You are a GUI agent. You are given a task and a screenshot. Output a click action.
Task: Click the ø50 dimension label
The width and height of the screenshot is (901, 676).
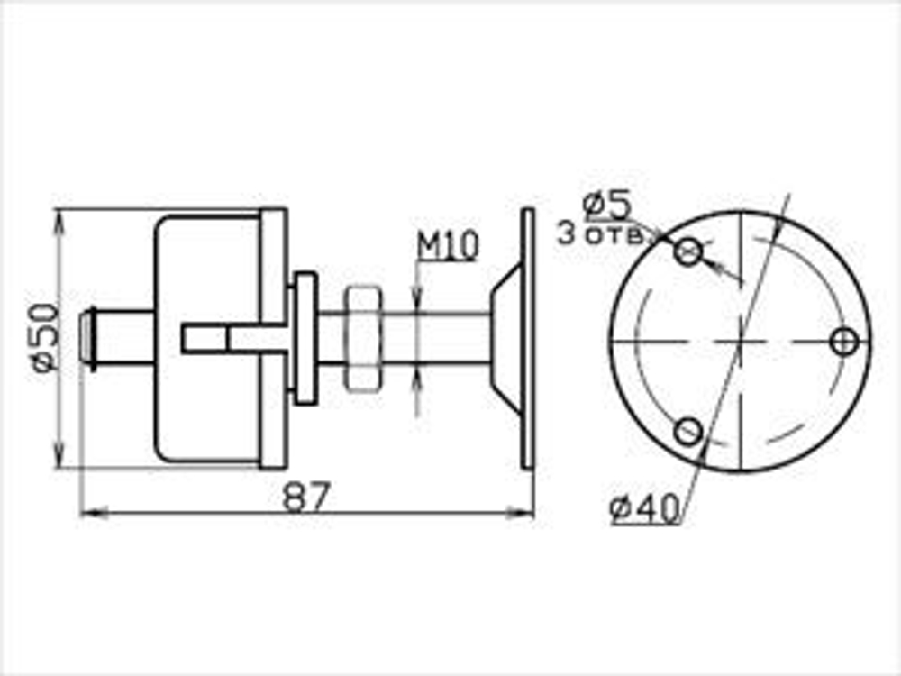45,338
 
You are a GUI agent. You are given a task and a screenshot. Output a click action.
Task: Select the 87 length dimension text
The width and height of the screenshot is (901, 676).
307,497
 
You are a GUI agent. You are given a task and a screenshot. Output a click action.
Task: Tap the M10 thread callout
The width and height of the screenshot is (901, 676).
447,245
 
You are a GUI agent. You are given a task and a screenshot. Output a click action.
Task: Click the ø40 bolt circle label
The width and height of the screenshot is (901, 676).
643,511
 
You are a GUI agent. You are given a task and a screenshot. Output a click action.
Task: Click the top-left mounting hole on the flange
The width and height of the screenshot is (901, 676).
688,252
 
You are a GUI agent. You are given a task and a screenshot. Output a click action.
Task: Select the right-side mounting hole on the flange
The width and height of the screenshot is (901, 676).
844,342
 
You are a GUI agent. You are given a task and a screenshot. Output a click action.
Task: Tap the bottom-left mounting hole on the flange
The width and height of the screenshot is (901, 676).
688,431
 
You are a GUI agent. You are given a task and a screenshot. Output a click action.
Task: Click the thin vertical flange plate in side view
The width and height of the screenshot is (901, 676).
528,338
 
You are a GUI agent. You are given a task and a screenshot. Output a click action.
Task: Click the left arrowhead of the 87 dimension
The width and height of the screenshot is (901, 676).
87,513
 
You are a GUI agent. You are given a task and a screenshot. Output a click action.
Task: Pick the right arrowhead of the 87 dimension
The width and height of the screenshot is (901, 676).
526,513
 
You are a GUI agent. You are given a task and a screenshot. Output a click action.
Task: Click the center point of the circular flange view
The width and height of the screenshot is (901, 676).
740,342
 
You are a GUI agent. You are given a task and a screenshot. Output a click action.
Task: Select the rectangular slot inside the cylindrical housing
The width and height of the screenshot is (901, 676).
205,338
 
